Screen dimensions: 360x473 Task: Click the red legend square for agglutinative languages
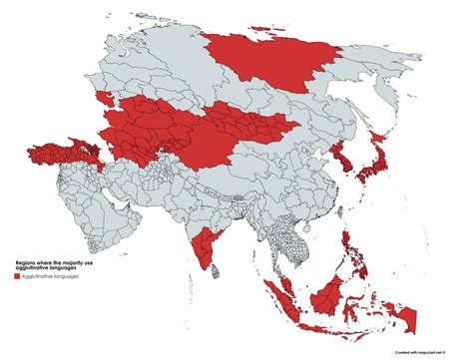[18, 276]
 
